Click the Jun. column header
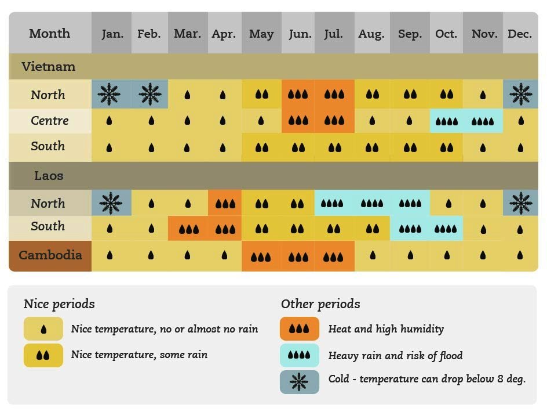(x=299, y=34)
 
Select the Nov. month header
(x=484, y=34)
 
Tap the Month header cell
(x=50, y=34)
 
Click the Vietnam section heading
(x=49, y=67)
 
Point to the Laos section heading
(x=49, y=175)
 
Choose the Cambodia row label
(x=50, y=255)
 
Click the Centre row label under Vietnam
(x=50, y=121)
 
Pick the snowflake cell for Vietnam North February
(x=149, y=94)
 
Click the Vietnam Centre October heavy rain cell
(x=446, y=121)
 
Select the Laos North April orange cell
(x=225, y=204)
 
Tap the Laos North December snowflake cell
(x=520, y=203)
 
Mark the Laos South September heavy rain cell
(x=410, y=229)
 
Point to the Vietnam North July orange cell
(x=334, y=94)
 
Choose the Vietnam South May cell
(x=261, y=147)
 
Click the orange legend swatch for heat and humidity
(x=299, y=329)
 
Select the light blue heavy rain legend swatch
(x=299, y=355)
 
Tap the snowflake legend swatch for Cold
(x=299, y=381)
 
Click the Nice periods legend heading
(x=59, y=304)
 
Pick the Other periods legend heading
(x=320, y=304)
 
